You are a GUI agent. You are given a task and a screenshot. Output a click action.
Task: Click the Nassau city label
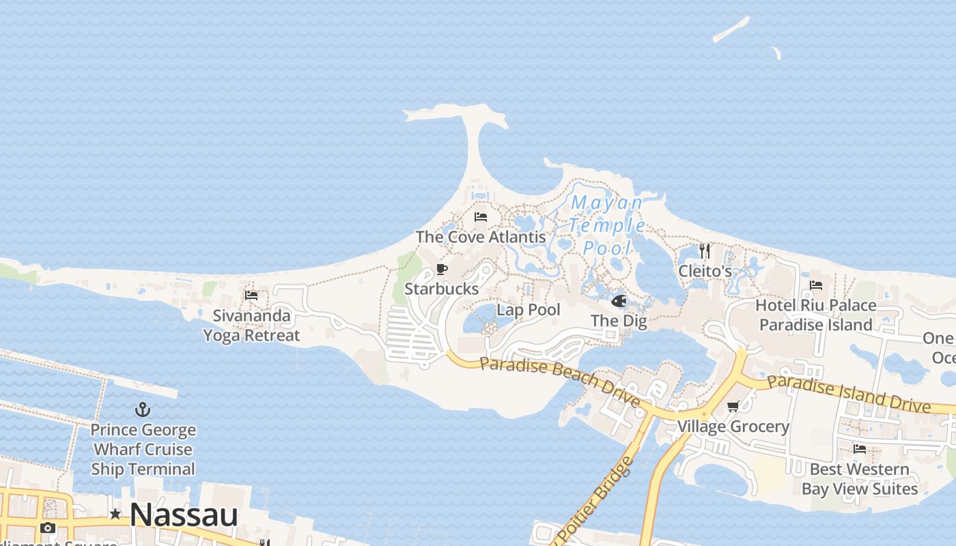[184, 515]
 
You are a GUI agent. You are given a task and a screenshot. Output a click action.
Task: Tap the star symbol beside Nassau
[115, 514]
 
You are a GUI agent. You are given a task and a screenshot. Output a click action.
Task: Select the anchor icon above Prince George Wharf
[143, 409]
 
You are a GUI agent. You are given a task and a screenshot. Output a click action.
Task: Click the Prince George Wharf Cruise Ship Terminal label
[143, 450]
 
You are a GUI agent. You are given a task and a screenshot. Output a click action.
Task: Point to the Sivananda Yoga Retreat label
[251, 326]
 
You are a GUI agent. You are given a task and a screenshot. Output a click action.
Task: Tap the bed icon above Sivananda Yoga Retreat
[251, 296]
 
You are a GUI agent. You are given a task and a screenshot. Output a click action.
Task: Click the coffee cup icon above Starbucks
[442, 269]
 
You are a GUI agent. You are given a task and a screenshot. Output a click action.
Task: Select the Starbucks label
[442, 289]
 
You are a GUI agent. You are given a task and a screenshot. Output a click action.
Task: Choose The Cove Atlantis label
[481, 237]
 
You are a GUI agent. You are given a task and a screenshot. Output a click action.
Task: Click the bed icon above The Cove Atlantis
[481, 217]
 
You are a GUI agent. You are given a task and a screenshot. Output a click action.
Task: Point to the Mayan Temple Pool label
[606, 225]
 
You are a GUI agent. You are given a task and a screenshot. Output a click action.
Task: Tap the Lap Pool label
[529, 310]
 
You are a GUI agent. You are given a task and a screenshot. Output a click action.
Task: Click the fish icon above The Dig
[619, 301]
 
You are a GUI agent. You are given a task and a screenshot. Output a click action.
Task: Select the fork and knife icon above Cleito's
[705, 251]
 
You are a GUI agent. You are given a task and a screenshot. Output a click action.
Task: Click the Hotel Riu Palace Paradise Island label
[816, 315]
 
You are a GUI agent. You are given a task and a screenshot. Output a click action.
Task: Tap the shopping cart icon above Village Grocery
[733, 407]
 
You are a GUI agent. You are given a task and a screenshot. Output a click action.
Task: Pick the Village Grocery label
[733, 427]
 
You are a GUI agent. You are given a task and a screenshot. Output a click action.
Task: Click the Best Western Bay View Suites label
[860, 479]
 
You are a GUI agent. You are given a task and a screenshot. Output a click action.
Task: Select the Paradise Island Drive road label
[849, 392]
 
